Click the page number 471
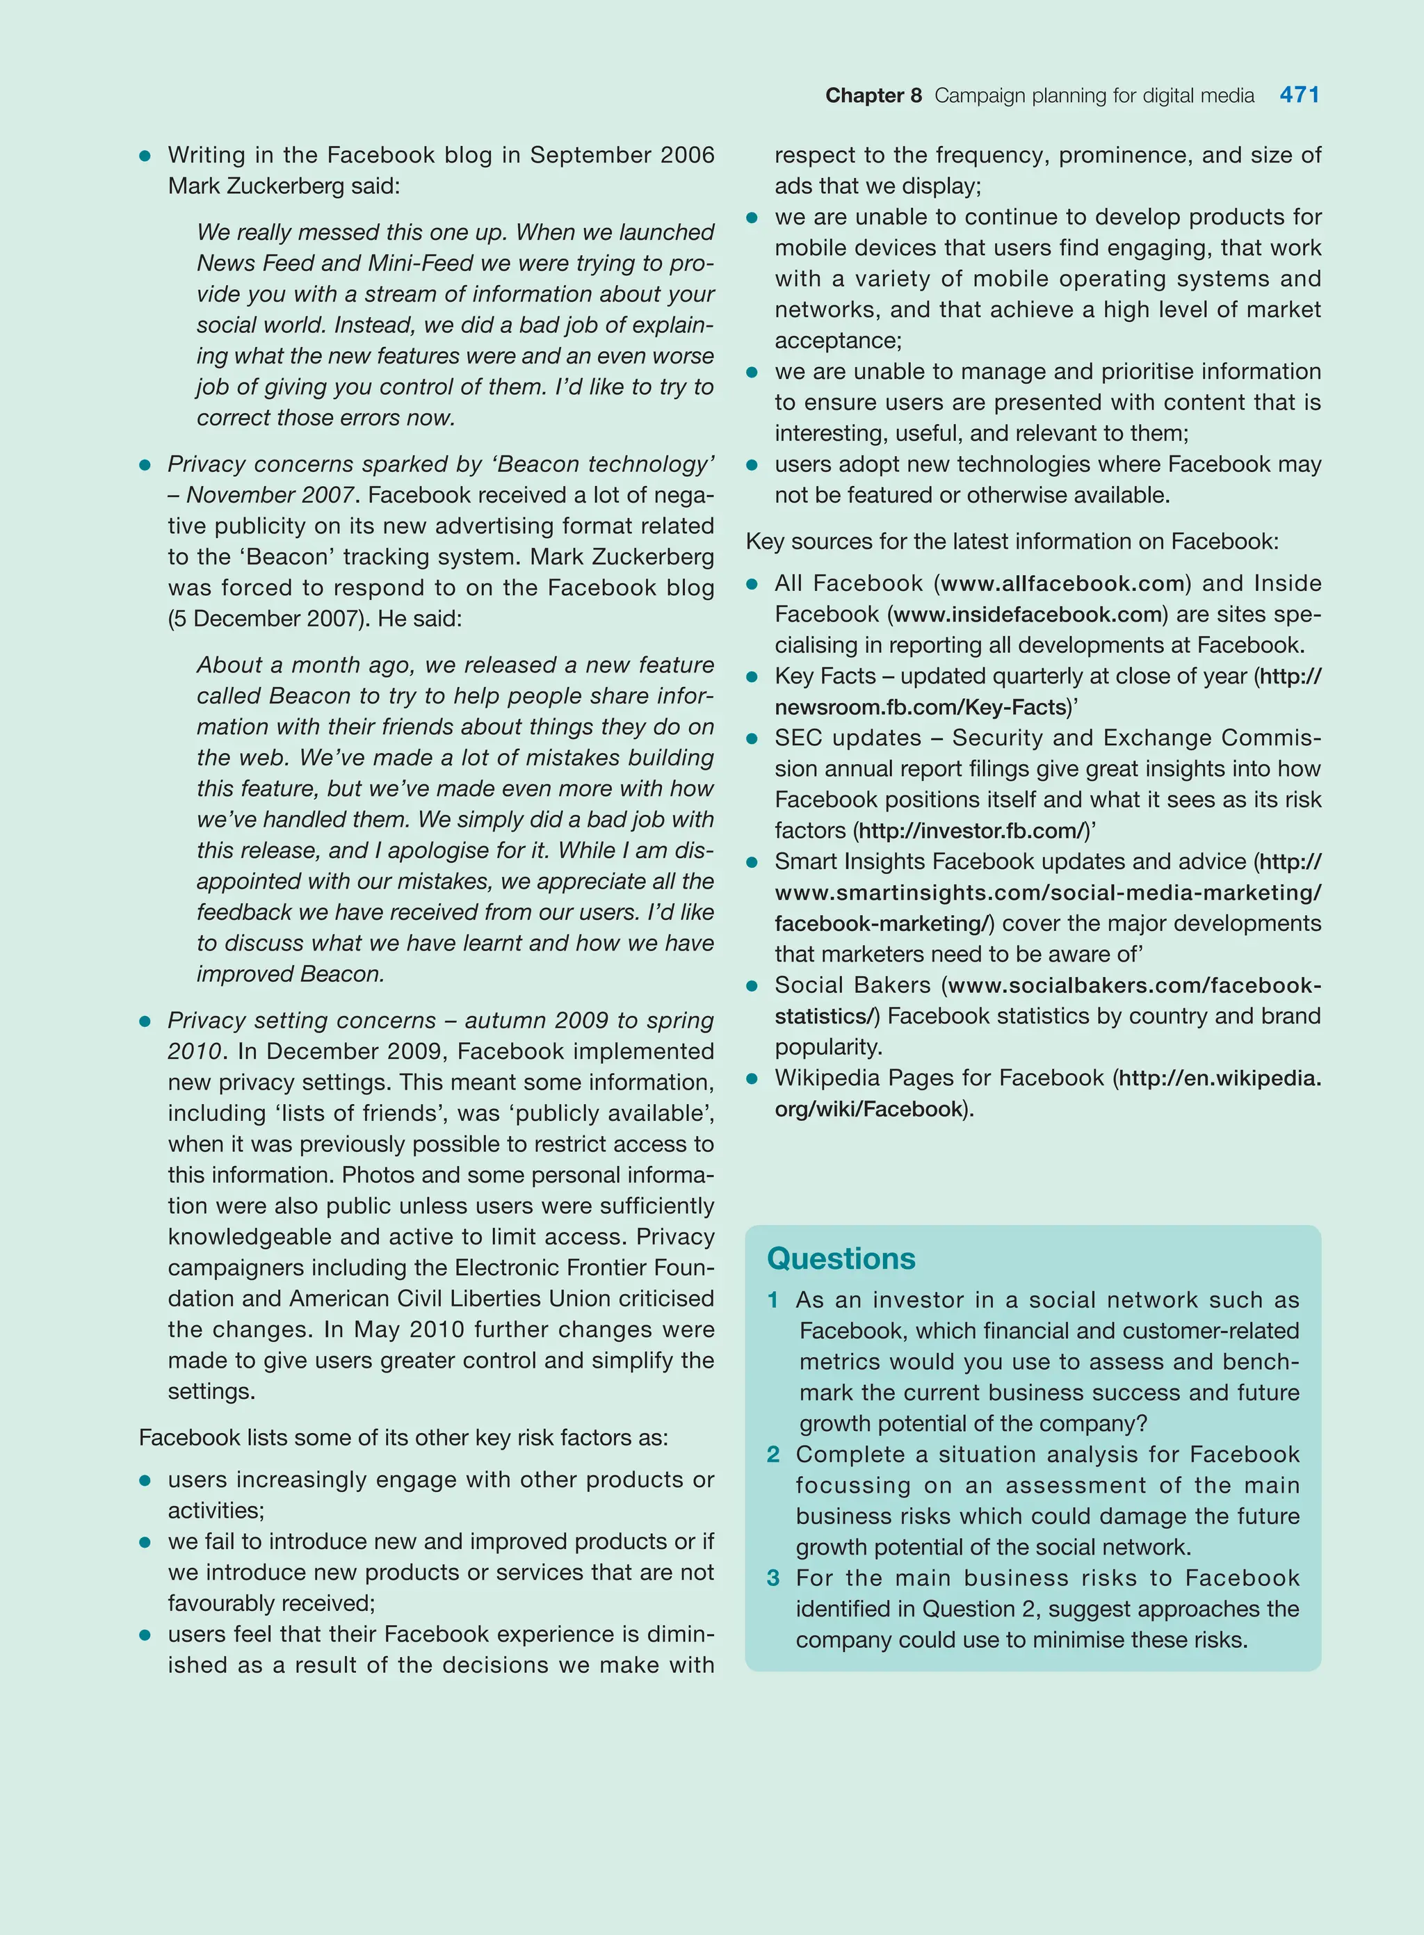coord(1299,95)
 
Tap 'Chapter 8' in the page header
coord(873,96)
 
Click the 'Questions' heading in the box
coord(841,1258)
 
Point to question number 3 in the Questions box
coord(773,1578)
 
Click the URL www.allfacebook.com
coord(1062,583)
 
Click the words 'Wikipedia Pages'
coord(852,1078)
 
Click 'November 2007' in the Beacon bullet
coord(270,496)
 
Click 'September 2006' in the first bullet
coord(622,155)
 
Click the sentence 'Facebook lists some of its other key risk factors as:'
coord(403,1438)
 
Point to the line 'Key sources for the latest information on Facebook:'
coord(1011,542)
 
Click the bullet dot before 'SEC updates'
coord(752,738)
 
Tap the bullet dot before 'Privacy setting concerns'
coord(145,1021)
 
